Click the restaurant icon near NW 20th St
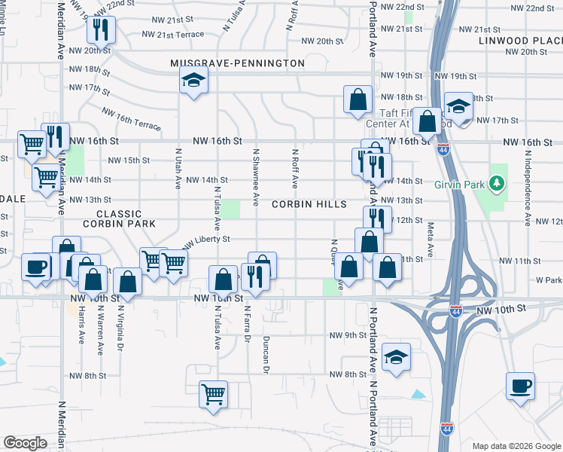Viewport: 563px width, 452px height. (99, 30)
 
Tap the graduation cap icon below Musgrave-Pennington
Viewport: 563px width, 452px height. (193, 81)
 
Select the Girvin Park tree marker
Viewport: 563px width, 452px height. (496, 182)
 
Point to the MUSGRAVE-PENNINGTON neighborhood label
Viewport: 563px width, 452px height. (237, 63)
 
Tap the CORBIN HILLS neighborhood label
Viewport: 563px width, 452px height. (309, 204)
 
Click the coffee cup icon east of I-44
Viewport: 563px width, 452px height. (521, 387)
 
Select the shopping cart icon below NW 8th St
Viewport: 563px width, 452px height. (214, 394)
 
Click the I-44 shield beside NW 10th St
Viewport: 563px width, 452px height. (456, 310)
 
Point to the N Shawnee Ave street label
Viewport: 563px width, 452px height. (257, 177)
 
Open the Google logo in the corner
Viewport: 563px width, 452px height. (26, 443)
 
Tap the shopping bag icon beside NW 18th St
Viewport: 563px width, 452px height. (358, 99)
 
